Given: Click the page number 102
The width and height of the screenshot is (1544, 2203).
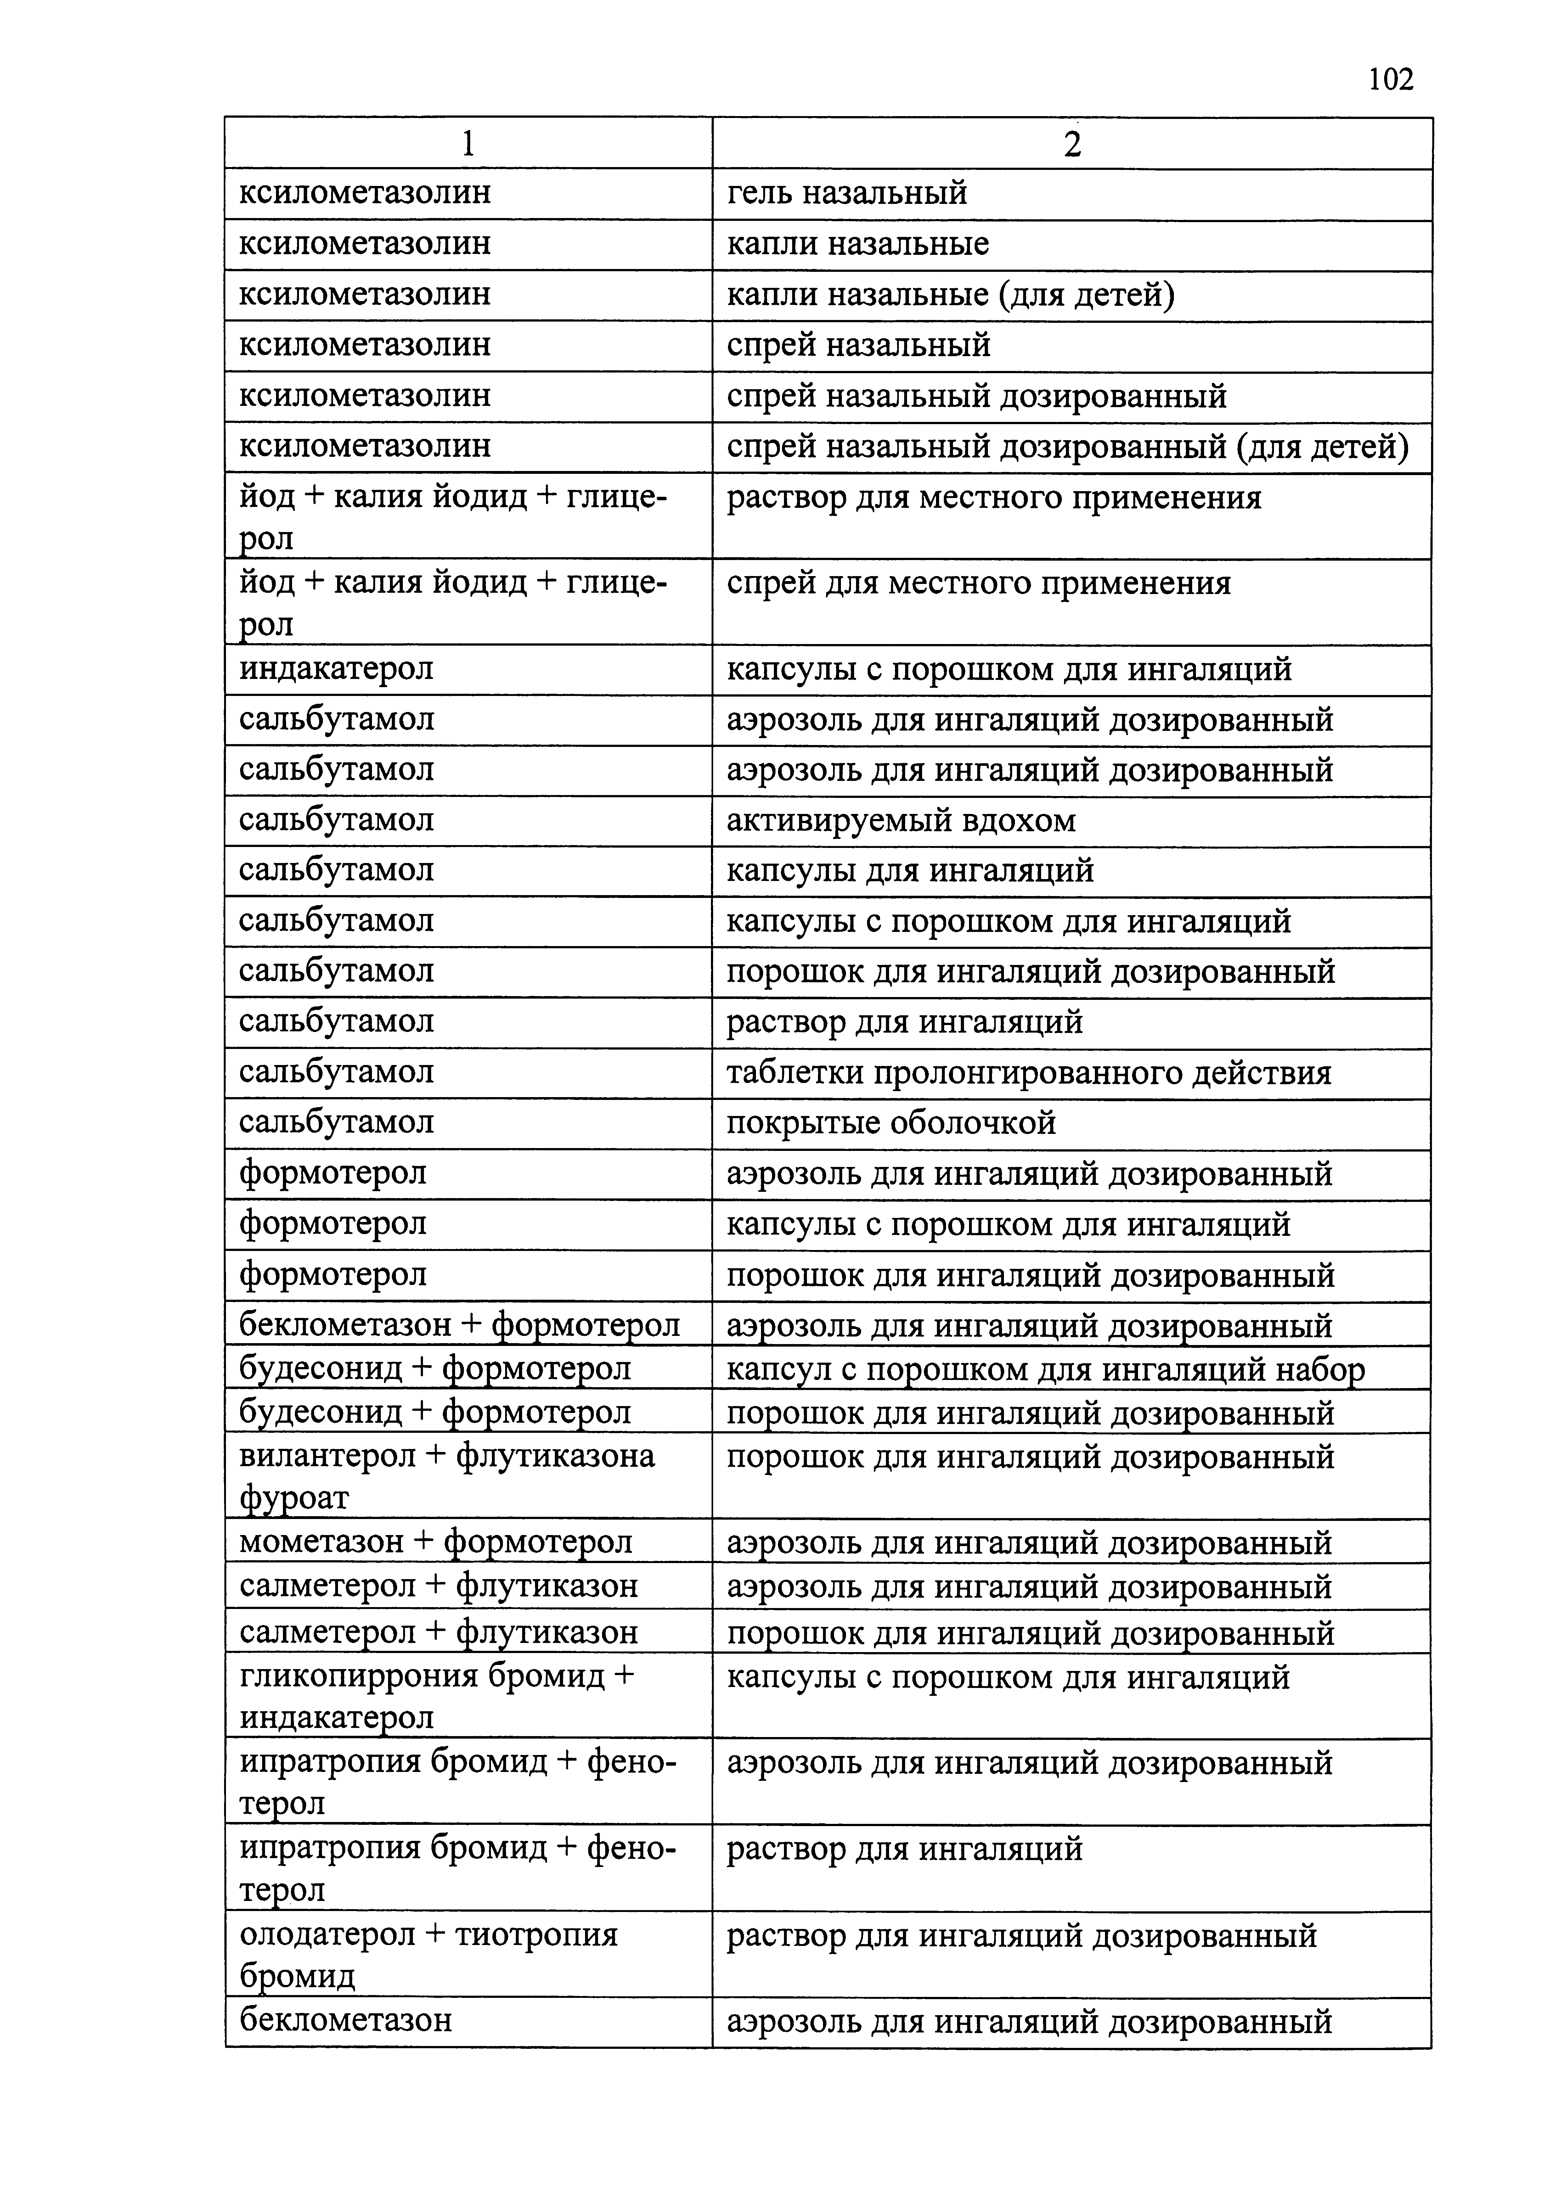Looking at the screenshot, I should [1389, 79].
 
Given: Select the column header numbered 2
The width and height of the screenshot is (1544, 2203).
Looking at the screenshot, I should [1072, 144].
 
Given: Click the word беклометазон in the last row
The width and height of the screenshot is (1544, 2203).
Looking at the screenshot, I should [346, 2021].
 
